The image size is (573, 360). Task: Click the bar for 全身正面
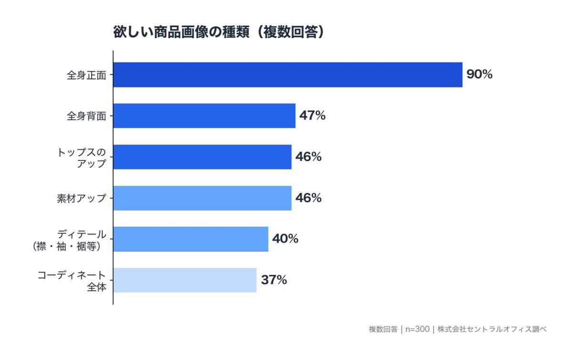(x=287, y=74)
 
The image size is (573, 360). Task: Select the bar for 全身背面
(x=204, y=116)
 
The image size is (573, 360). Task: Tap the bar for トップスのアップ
(x=202, y=157)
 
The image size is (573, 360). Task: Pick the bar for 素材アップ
(x=202, y=198)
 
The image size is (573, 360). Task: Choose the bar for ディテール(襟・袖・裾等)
(x=191, y=239)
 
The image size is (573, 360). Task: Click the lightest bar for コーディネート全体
(x=185, y=280)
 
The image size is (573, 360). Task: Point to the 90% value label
(x=479, y=74)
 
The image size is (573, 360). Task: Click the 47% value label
(x=312, y=116)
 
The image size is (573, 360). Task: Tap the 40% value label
(x=285, y=239)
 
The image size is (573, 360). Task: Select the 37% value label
(x=274, y=280)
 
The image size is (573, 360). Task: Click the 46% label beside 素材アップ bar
(x=308, y=198)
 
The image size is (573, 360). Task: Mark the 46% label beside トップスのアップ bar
(x=308, y=157)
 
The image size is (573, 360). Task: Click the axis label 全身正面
(x=86, y=75)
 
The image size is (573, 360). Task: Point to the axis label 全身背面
(x=86, y=116)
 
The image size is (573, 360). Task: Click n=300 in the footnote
(x=417, y=329)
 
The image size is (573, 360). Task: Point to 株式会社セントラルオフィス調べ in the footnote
(x=492, y=329)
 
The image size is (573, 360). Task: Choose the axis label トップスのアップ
(x=81, y=158)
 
